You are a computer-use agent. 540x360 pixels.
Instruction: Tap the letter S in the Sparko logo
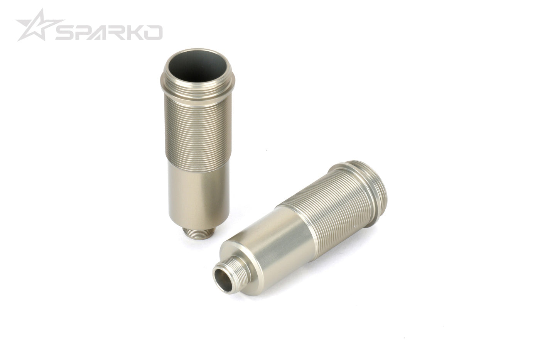(x=67, y=33)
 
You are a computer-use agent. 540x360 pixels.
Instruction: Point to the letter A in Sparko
(x=103, y=33)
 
